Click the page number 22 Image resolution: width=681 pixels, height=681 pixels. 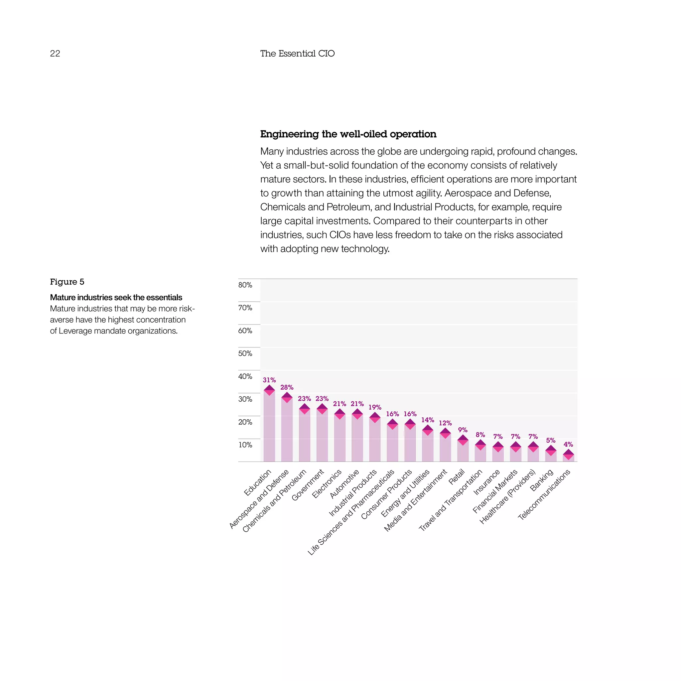pos(55,54)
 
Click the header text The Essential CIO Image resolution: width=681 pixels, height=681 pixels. pos(297,54)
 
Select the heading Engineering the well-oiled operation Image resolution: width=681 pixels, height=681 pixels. pos(348,134)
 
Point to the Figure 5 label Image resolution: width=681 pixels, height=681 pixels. pos(67,282)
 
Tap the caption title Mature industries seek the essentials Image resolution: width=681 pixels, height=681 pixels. pos(116,297)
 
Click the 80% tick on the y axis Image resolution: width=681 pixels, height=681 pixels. pos(245,285)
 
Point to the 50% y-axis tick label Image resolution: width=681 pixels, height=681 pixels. pos(245,353)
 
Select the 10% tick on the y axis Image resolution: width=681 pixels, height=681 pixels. pos(245,445)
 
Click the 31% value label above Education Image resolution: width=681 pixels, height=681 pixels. pos(269,380)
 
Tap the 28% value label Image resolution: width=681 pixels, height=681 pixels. pos(287,387)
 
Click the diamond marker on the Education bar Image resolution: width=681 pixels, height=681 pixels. pos(269,390)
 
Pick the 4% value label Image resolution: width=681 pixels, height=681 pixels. pos(568,445)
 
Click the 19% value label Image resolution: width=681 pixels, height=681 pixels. pos(375,407)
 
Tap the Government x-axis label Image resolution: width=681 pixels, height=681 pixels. pos(307,485)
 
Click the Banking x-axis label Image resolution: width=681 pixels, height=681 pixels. pos(541,480)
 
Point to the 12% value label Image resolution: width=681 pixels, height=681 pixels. pos(445,423)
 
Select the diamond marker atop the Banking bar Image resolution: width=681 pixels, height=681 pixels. pos(551,451)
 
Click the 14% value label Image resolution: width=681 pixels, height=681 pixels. pos(428,420)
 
